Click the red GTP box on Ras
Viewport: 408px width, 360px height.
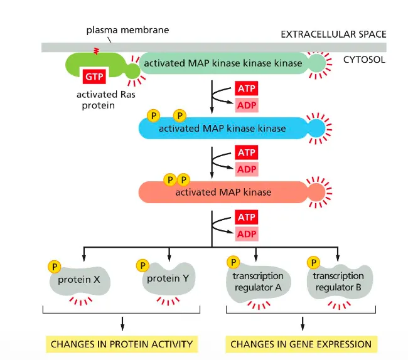pos(93,77)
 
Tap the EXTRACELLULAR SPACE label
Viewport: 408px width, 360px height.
pos(333,34)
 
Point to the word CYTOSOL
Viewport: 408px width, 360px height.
pos(365,60)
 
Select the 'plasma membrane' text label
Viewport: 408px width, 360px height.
pos(127,29)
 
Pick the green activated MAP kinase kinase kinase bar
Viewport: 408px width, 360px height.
pos(223,63)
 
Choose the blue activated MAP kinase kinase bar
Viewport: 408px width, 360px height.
pos(222,129)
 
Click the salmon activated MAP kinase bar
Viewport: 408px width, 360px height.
pos(223,192)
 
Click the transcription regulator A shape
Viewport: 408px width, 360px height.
pos(258,282)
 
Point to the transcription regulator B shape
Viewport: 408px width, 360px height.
pos(339,282)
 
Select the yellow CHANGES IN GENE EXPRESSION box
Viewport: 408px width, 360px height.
pos(301,344)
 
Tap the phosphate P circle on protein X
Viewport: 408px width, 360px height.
pos(55,267)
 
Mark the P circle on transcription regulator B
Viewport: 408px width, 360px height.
pos(312,263)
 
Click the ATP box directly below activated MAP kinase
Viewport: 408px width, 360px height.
pos(246,218)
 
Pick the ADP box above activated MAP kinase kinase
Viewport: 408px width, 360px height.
pos(246,105)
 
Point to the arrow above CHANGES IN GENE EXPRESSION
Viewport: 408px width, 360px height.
pos(303,323)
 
